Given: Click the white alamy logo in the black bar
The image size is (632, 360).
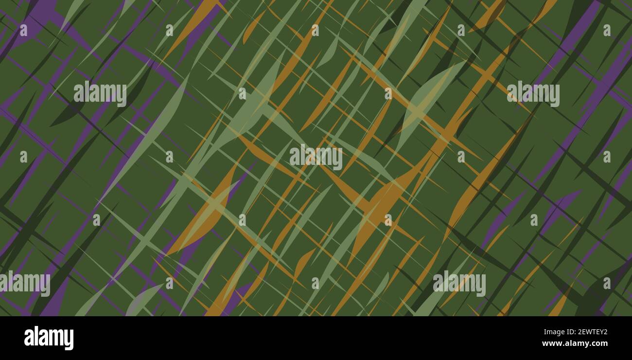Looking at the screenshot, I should pyautogui.click(x=49, y=338).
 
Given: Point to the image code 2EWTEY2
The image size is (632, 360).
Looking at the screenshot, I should pyautogui.click(x=590, y=333).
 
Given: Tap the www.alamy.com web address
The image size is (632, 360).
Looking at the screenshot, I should pyautogui.click(x=575, y=344).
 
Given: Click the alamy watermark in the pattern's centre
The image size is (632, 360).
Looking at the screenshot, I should pyautogui.click(x=316, y=157).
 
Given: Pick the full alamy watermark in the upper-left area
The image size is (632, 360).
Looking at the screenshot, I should pyautogui.click(x=100, y=94).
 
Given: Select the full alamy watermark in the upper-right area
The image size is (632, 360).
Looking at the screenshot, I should pyautogui.click(x=533, y=94).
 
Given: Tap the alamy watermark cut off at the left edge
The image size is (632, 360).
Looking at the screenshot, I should pyautogui.click(x=24, y=284).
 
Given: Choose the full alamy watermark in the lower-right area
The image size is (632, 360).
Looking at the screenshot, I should pyautogui.click(x=459, y=284).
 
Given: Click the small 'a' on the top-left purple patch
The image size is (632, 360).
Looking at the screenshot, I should pyautogui.click(x=23, y=30).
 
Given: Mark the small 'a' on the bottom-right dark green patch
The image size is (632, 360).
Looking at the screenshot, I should pyautogui.click(x=606, y=283).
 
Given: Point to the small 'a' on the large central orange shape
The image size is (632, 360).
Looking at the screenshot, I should pyautogui.click(x=387, y=220).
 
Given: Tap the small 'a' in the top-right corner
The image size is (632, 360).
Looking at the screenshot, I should pyautogui.click(x=606, y=30).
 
